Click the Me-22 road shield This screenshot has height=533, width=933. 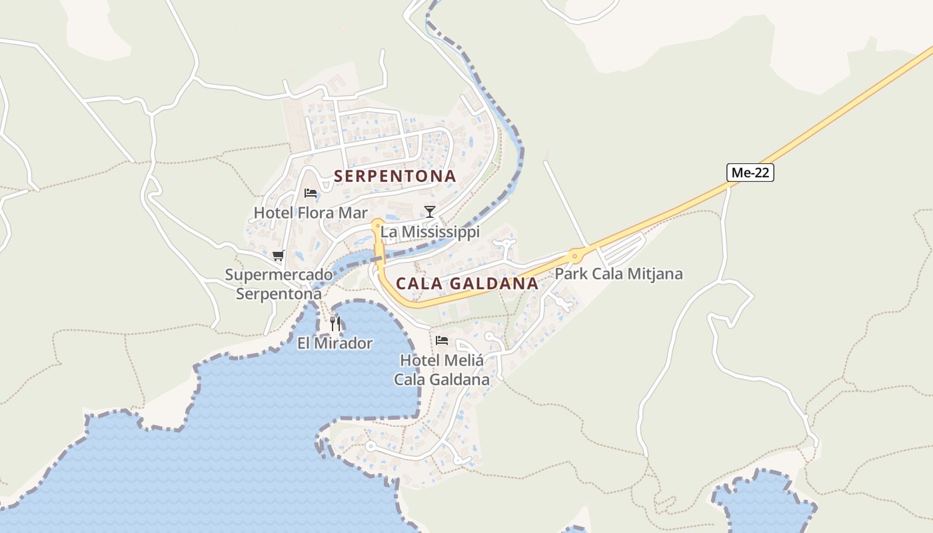(750, 173)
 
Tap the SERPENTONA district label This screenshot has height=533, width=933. (395, 177)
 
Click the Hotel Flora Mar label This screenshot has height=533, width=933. (311, 213)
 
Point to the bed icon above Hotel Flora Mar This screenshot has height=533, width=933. (310, 194)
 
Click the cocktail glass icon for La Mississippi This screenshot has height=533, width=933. (430, 212)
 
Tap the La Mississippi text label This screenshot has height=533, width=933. (430, 232)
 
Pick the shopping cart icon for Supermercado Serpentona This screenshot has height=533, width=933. (278, 256)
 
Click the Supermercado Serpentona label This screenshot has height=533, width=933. (279, 284)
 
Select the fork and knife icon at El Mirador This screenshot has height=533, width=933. (335, 324)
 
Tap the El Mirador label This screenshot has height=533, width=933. (335, 343)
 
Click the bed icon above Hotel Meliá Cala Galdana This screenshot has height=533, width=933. (441, 340)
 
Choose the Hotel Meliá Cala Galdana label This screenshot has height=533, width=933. (441, 370)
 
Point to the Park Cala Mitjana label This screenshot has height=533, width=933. (618, 274)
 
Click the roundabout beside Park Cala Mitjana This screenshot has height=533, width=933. (574, 255)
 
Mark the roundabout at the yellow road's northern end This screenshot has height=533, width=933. (377, 225)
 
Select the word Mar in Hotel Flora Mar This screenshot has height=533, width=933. (354, 213)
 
